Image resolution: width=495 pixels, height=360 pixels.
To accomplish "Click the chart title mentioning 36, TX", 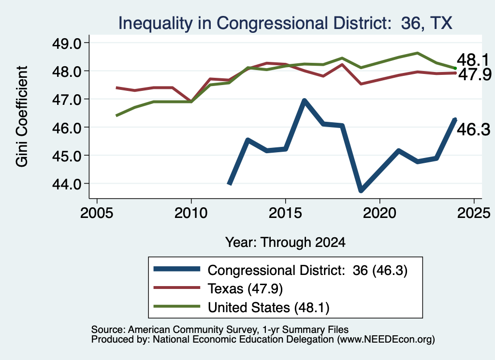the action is click(285, 23).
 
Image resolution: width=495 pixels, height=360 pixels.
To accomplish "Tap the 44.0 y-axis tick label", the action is click(67, 184).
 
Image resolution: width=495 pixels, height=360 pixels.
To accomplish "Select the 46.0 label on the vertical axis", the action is click(67, 128).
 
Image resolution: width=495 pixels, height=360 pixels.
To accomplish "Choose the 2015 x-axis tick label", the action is click(285, 213).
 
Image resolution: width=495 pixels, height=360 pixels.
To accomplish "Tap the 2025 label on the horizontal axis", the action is click(474, 213).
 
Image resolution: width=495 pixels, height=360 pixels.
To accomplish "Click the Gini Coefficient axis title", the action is click(22, 116).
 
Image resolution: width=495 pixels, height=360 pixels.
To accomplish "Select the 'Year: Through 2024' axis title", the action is click(285, 242).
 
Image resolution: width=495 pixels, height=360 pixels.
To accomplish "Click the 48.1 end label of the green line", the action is click(473, 59).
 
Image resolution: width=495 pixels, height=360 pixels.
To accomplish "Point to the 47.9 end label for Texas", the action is click(475, 74).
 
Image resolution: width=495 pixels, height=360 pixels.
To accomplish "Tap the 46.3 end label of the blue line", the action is click(474, 130).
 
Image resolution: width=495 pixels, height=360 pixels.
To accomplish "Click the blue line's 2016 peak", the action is click(305, 101).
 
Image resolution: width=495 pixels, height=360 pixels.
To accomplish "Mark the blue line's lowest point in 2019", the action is click(361, 190).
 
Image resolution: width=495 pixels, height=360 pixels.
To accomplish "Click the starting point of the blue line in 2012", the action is click(230, 184).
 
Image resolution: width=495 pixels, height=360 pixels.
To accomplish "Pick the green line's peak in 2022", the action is click(417, 53).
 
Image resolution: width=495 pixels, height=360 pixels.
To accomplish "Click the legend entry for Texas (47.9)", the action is click(245, 288).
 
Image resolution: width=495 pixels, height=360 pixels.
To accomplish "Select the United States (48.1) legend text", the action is click(269, 307).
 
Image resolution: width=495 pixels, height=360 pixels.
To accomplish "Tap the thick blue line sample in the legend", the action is click(177, 269).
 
